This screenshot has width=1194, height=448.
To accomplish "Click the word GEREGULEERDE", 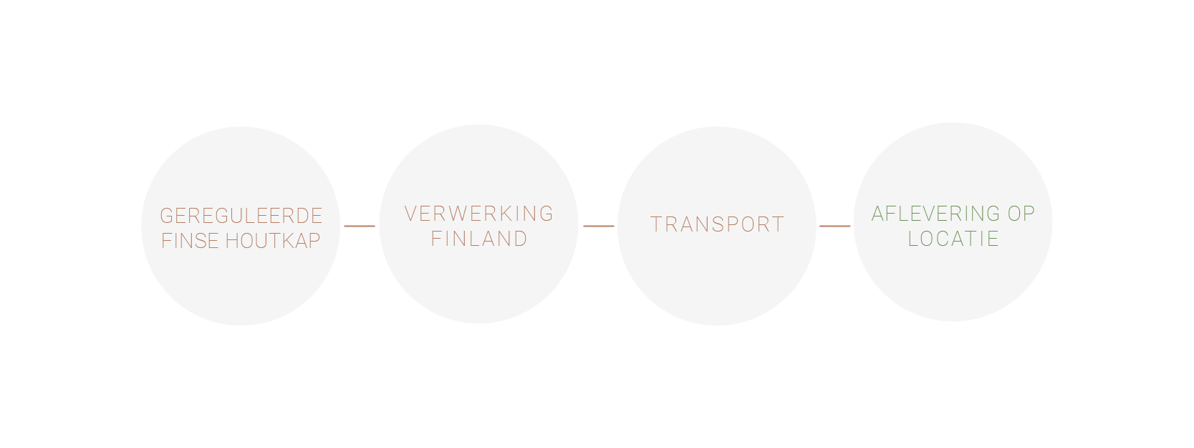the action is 241,216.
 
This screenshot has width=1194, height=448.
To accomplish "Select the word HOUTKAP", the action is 273,241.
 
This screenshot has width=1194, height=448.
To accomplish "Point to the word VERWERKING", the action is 478,214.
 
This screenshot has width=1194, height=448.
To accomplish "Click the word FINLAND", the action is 478,239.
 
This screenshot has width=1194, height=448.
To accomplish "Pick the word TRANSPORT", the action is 717,224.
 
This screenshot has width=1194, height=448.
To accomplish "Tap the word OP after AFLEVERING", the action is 1021,214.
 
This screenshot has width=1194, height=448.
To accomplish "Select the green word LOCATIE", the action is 953,239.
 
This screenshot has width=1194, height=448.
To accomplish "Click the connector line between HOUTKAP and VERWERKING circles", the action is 360,226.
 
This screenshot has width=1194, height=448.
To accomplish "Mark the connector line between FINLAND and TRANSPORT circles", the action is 599,226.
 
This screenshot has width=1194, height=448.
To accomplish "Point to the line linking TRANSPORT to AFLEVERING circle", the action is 834,226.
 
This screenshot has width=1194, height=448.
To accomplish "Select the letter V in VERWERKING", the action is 410,214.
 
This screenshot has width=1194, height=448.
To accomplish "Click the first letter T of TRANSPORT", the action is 656,224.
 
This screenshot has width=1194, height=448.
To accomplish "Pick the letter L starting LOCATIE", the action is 913,239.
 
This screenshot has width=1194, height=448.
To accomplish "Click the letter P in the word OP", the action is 1029,214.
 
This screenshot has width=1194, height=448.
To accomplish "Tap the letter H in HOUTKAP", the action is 231,241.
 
